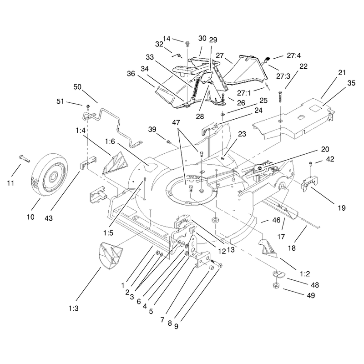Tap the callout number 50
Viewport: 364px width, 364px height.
click(x=77, y=87)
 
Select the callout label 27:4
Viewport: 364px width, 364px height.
click(x=293, y=56)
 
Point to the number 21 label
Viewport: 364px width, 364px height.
click(x=342, y=73)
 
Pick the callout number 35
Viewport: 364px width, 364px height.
click(x=351, y=83)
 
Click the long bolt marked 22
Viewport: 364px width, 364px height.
click(x=280, y=97)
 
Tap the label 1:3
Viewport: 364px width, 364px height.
click(x=73, y=308)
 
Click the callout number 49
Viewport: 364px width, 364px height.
click(x=311, y=295)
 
